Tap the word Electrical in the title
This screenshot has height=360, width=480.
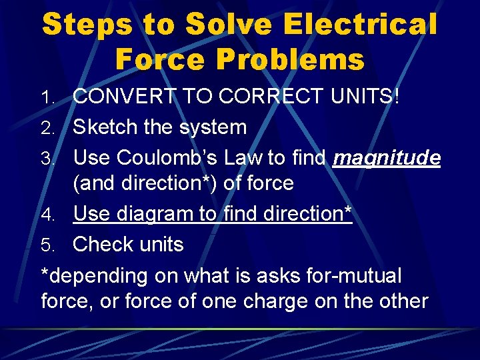pos(360,25)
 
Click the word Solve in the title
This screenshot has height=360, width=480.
pos(227,25)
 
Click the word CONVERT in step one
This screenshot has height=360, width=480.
pos(120,97)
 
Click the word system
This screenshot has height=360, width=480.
pos(212,127)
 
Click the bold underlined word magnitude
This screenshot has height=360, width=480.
pos(387,157)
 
